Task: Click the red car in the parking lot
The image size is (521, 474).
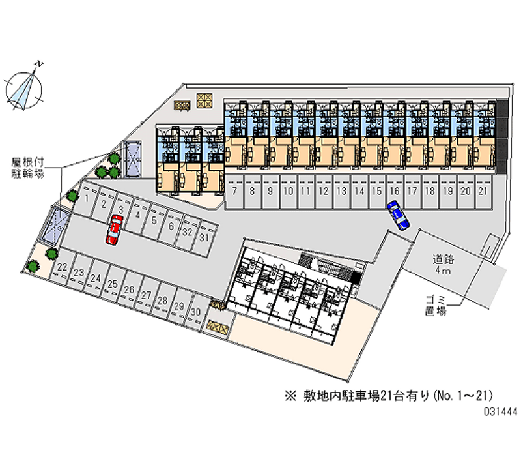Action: pos(113,231)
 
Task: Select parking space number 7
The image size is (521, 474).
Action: pos(234,191)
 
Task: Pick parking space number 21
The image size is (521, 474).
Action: pos(483,191)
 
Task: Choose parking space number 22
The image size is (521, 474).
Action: pos(62,267)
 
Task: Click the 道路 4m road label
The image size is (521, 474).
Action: pos(445,265)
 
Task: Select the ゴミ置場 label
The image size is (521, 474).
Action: pos(434,305)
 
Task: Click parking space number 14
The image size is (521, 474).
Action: pos(359,191)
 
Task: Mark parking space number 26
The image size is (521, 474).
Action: pos(129,289)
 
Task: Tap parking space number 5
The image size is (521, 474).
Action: pos(154,220)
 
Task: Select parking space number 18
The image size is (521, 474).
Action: pos(430,191)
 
